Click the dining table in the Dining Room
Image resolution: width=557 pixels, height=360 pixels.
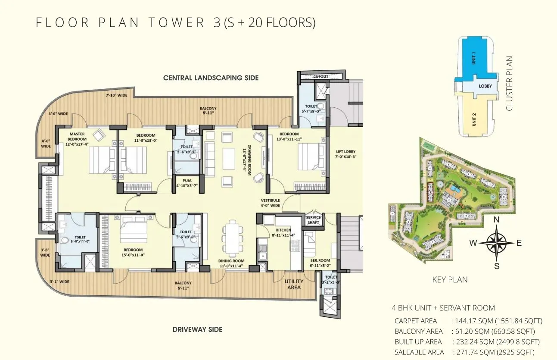(x=232, y=238)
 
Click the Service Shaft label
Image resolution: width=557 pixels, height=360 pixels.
(x=313, y=220)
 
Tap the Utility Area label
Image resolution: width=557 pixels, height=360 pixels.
(x=294, y=284)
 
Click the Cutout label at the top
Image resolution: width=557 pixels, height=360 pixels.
(x=321, y=77)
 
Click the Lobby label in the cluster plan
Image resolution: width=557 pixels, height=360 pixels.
(x=485, y=86)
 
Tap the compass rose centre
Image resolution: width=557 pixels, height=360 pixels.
(x=496, y=243)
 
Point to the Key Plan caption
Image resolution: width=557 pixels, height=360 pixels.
(x=450, y=280)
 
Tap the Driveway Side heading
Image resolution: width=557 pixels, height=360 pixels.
(x=197, y=329)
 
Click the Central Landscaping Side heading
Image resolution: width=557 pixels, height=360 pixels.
(x=211, y=78)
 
